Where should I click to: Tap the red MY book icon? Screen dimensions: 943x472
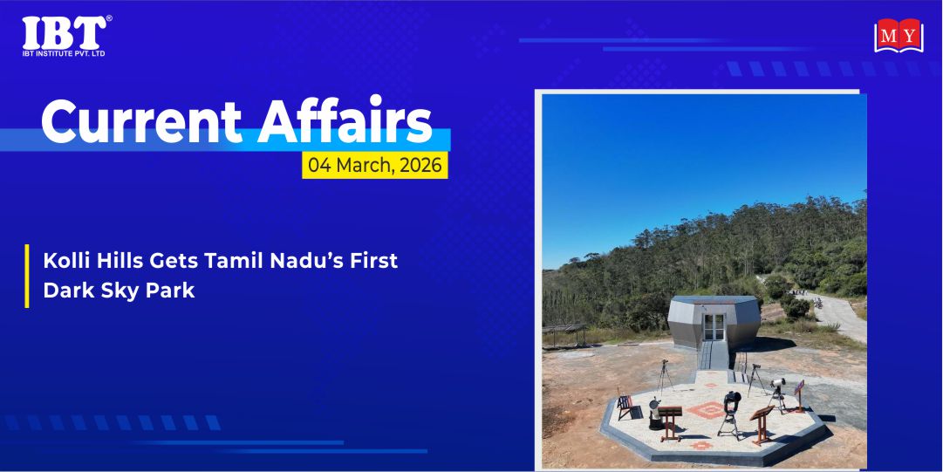(x=899, y=36)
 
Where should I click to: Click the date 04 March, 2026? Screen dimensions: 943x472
(x=375, y=165)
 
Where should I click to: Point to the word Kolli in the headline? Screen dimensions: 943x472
(x=63, y=261)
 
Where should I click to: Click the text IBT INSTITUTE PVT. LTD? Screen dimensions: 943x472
(x=63, y=53)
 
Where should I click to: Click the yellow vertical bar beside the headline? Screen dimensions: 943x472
(x=26, y=276)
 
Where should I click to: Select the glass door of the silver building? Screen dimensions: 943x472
(x=714, y=326)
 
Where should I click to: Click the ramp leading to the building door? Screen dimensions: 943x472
(x=714, y=355)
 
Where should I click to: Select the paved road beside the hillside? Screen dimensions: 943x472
(x=835, y=315)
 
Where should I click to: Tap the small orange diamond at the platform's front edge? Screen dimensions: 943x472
(x=701, y=446)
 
